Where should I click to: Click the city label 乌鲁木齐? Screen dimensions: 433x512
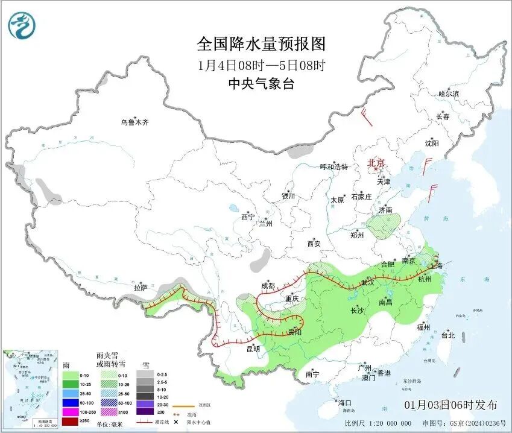(x=134, y=122)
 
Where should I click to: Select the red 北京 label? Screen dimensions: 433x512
(x=376, y=163)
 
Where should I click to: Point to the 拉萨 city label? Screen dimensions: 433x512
(x=141, y=287)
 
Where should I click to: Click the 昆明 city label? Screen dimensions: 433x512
(x=253, y=349)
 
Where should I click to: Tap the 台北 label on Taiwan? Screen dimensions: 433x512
(x=447, y=335)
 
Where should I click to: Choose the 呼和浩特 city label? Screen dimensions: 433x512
(x=333, y=167)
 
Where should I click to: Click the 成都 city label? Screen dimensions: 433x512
(x=268, y=286)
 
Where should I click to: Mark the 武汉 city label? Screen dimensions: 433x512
(x=367, y=282)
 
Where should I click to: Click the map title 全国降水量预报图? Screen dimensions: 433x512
(x=261, y=44)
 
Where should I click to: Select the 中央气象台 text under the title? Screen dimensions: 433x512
(x=261, y=84)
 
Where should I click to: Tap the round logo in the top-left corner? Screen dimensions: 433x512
(x=22, y=25)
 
